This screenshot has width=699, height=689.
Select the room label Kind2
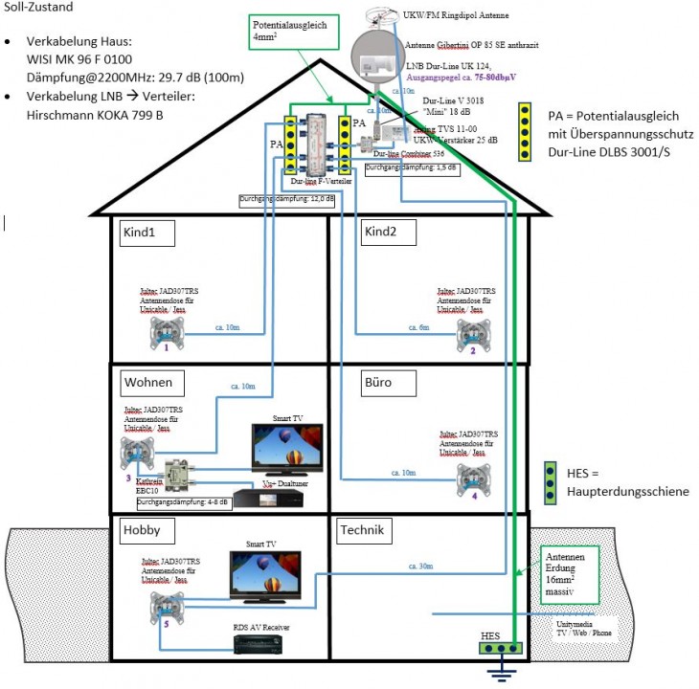point(381,232)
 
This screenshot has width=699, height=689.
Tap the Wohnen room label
point(147,383)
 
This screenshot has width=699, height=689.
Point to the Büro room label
point(378,383)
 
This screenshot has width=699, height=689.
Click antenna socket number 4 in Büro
point(473,476)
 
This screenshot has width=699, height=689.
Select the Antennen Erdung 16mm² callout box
point(570,575)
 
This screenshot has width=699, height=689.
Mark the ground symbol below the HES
point(497,676)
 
